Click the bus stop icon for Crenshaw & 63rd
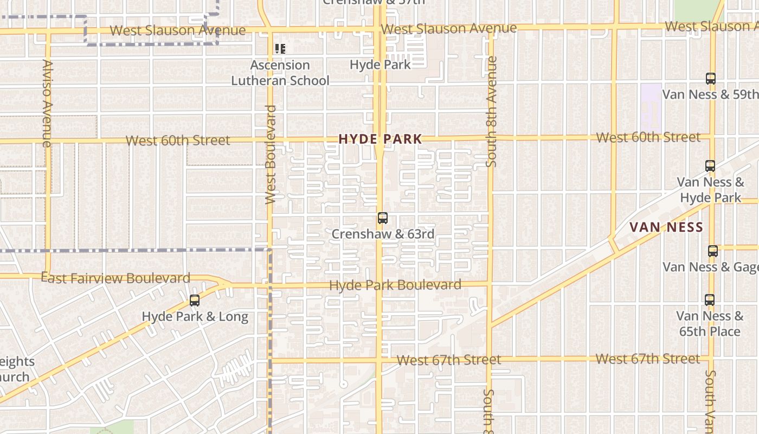[383, 218]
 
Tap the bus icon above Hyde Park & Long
[195, 300]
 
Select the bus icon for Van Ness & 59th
[711, 78]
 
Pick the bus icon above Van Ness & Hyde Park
[710, 165]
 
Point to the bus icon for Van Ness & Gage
[713, 251]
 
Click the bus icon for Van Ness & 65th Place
[710, 299]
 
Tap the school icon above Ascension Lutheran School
[280, 49]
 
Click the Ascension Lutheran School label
[280, 73]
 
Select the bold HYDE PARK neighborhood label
[380, 139]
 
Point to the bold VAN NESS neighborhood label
[666, 227]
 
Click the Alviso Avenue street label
[47, 103]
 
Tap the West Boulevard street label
[271, 155]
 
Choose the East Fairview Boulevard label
[115, 278]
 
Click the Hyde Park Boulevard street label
[395, 285]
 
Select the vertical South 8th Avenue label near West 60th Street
[491, 111]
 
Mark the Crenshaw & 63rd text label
[383, 234]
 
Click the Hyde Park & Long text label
[195, 316]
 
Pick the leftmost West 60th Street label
[178, 141]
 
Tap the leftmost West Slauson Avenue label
[177, 30]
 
